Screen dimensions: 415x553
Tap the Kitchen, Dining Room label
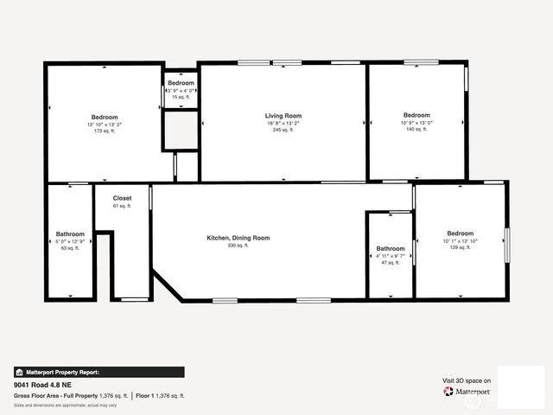coord(238,238)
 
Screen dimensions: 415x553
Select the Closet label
coord(122,198)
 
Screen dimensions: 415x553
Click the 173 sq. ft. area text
coord(105,131)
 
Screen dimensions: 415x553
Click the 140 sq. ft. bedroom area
coord(416,129)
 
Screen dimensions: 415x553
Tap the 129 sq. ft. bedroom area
coord(460,247)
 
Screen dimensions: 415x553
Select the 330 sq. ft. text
coord(238,246)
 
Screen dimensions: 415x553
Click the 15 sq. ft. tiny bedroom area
coord(181,97)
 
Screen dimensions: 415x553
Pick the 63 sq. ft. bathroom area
coord(70,248)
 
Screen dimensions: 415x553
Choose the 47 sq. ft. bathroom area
coord(391,262)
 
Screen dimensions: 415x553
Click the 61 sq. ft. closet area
coord(122,206)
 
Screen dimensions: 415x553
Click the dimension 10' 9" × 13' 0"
coord(416,122)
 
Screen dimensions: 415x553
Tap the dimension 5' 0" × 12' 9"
coord(70,241)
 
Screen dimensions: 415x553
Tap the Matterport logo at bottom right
coord(467,392)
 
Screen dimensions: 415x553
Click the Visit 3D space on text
coord(467,380)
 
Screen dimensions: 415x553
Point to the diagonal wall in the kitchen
coord(166,286)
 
